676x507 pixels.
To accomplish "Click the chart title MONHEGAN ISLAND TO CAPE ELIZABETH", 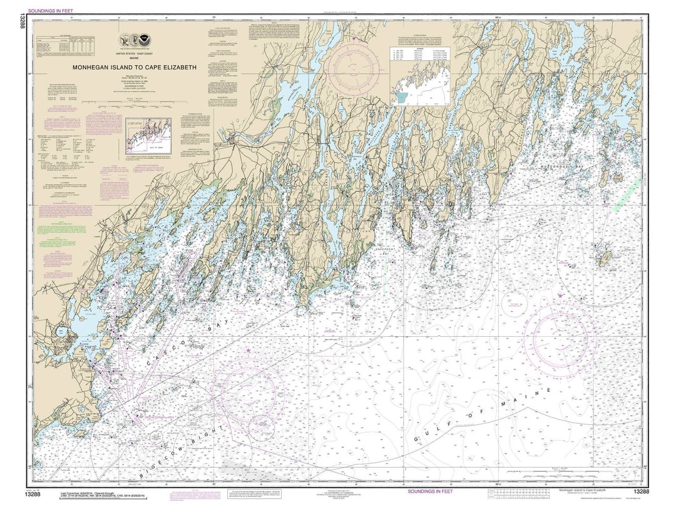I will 134,67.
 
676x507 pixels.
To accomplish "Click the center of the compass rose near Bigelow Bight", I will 248,392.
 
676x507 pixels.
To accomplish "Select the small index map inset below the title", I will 148,131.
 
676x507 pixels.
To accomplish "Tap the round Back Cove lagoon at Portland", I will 63,332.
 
